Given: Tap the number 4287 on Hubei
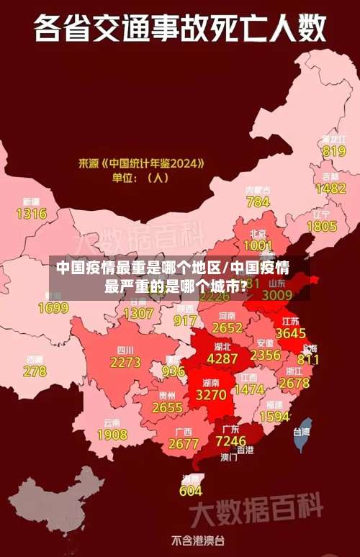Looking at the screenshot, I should pos(222,358).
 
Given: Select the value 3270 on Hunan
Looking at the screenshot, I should pos(211,394).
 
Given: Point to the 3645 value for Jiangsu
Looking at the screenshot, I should pos(290,333).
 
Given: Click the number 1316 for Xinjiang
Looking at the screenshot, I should pos(31,213).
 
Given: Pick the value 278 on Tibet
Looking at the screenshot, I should pos(34,371).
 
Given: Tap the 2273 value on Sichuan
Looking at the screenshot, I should pos(125,363).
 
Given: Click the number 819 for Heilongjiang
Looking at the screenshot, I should pos(333,151).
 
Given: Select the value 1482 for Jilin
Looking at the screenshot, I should pos(330,188).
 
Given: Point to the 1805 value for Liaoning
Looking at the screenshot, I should pos(321,226).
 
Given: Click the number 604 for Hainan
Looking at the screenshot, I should pos(191,491).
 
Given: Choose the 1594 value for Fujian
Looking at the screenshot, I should pos(274,417).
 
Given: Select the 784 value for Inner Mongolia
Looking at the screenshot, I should pos(258,202).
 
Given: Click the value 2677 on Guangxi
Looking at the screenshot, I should pos(183,443).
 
